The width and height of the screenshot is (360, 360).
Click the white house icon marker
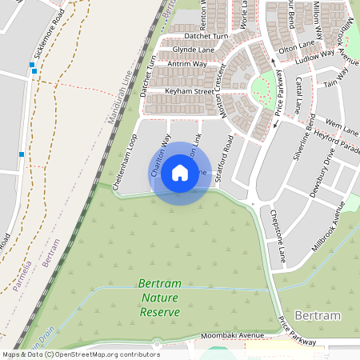point(180,173)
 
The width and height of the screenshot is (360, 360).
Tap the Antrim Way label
point(190,63)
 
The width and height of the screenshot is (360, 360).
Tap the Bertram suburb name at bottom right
point(317,316)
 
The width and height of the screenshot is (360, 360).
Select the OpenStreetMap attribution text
point(80,354)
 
